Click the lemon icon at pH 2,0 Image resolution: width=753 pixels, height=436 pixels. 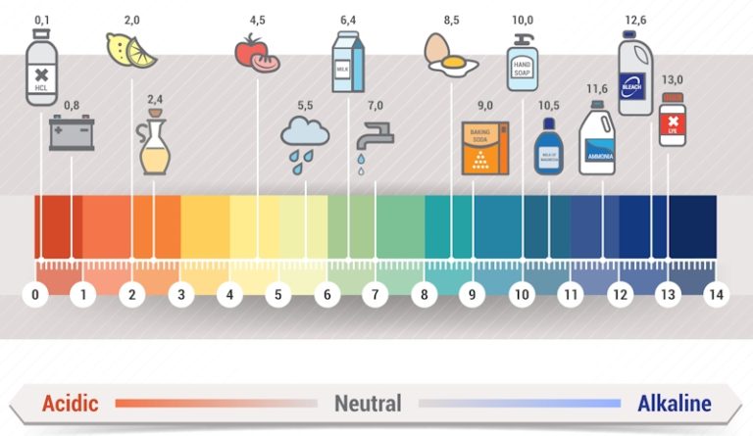(131, 50)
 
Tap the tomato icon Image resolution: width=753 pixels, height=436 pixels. (257, 53)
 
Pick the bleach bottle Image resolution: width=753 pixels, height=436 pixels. (635, 73)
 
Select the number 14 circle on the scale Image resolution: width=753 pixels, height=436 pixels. (717, 293)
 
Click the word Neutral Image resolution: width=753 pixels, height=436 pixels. (368, 403)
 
